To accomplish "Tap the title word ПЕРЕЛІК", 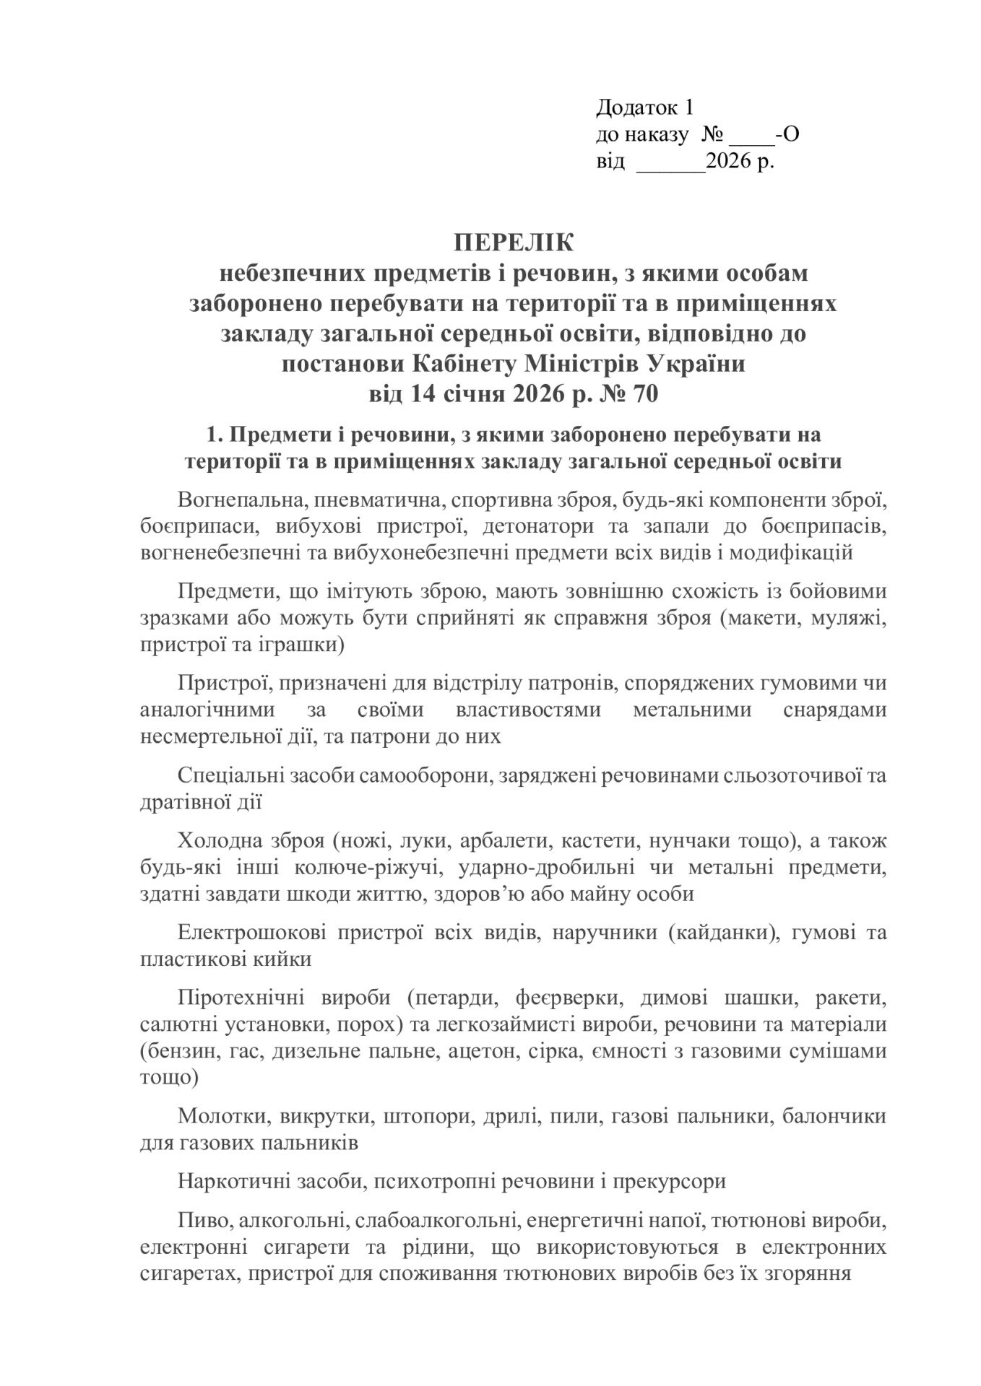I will point(514,243).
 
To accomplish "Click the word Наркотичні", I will point(230,1181).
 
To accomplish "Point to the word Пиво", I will point(199,1220).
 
